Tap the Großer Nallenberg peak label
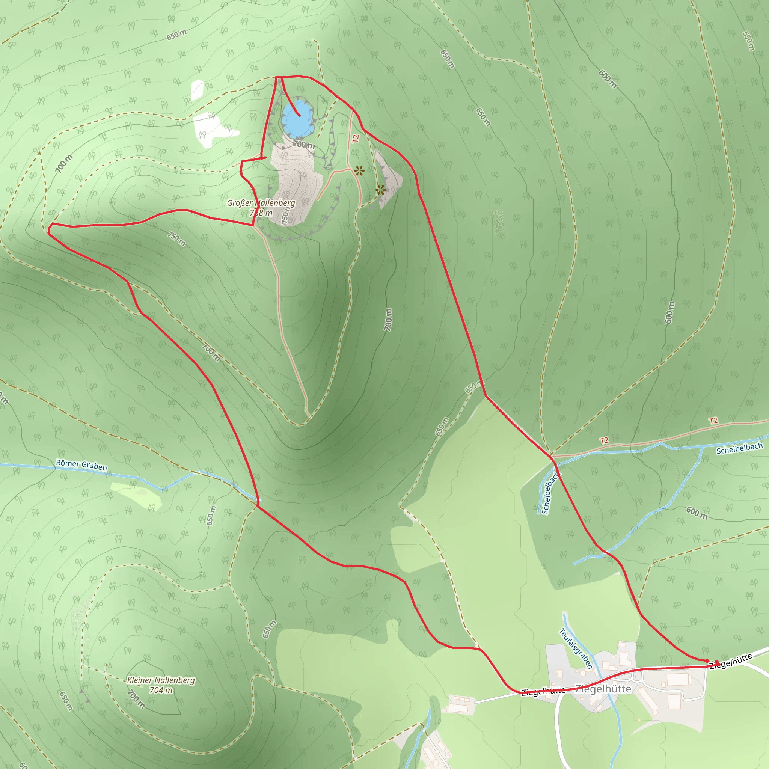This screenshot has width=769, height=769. click(261, 203)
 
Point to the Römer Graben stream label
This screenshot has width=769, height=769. click(81, 465)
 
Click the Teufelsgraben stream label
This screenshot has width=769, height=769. click(576, 649)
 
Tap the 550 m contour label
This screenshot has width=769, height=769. click(748, 41)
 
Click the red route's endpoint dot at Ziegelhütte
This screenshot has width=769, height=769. click(717, 663)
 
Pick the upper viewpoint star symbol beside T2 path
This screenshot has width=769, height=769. click(359, 171)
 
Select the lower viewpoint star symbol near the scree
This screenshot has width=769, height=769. click(380, 190)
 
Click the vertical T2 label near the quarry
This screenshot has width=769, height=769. click(356, 139)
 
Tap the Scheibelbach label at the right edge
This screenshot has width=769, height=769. click(739, 448)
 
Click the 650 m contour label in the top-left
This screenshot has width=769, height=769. click(176, 35)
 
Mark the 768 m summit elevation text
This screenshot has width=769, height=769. click(261, 213)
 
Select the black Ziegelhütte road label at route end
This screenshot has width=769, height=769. click(730, 661)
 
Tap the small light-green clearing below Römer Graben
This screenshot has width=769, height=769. click(137, 496)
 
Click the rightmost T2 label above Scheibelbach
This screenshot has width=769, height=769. click(713, 421)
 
